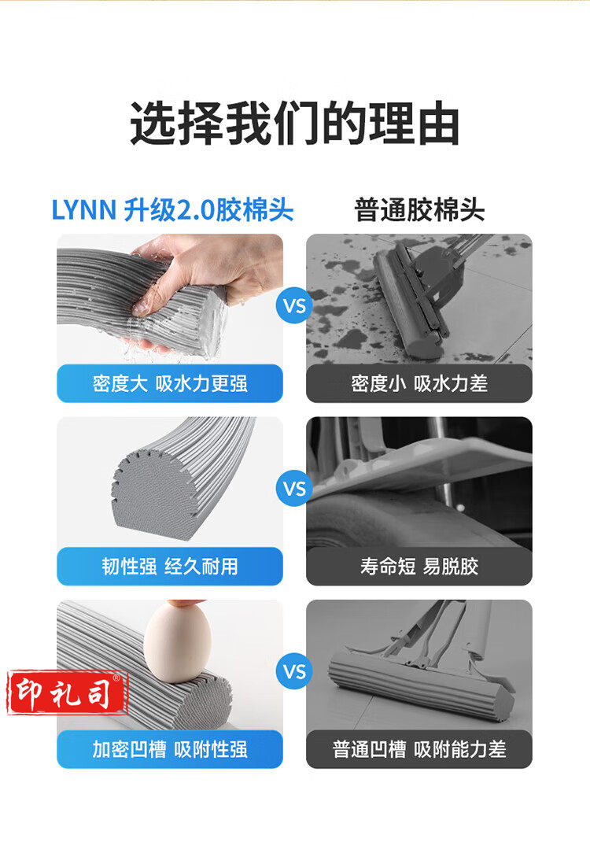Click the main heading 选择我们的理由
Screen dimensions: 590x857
(294, 124)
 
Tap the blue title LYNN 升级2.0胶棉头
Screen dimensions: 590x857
(172, 210)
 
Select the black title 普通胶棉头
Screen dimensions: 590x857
(419, 210)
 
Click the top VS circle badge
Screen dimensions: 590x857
(294, 305)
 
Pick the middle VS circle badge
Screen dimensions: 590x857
(294, 488)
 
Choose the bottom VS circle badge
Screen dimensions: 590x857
(294, 671)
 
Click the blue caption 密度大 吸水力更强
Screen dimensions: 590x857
(170, 384)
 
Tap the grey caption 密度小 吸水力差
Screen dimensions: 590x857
(419, 384)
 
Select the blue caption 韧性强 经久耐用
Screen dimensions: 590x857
(170, 567)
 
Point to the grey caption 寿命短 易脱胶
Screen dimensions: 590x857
(419, 567)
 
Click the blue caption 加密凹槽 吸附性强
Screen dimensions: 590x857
(170, 749)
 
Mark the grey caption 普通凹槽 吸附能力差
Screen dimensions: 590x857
(419, 749)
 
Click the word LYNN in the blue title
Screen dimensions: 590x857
(83, 210)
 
